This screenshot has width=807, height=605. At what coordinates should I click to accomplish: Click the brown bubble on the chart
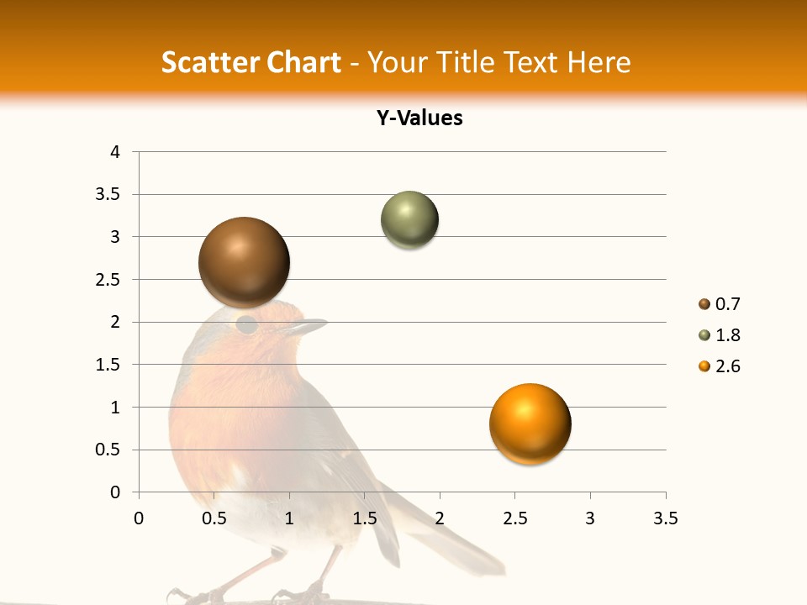[244, 261]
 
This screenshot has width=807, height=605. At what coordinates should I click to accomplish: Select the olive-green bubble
[409, 220]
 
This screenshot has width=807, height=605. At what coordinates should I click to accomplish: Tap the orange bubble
[530, 423]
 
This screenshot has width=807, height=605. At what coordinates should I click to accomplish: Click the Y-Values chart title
[419, 118]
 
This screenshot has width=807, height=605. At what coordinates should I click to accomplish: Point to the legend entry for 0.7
[719, 304]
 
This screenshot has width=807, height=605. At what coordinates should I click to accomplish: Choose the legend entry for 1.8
[719, 335]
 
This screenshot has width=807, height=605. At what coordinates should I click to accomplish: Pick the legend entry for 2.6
[719, 366]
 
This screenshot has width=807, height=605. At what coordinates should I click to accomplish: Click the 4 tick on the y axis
[116, 152]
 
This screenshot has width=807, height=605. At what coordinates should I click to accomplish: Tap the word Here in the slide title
[599, 63]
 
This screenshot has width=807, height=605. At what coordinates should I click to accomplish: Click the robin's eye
[247, 324]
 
